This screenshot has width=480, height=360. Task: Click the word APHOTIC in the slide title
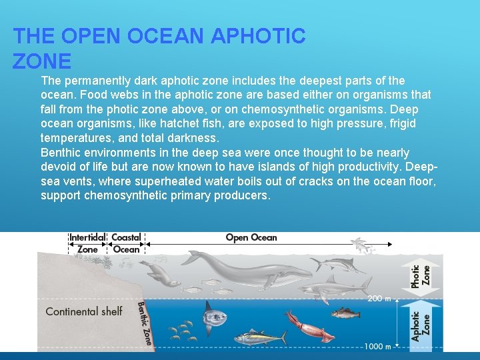pyautogui.click(x=257, y=36)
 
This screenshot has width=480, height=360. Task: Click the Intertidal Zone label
pyautogui.click(x=87, y=243)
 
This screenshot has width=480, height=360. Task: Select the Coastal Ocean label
pyautogui.click(x=126, y=243)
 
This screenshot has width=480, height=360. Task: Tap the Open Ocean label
pyautogui.click(x=251, y=237)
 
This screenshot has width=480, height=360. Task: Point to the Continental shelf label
pyautogui.click(x=84, y=311)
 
